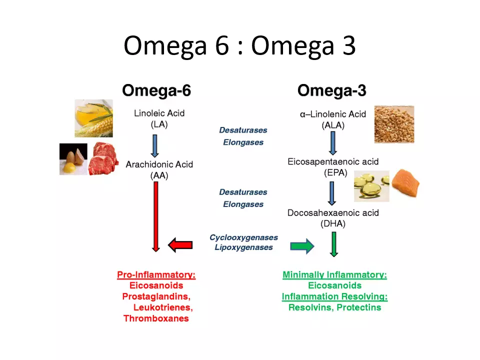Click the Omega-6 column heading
(156, 90)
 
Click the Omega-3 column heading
(332, 90)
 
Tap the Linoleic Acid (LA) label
(159, 119)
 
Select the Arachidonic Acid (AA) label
(159, 169)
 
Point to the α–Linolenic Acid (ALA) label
(333, 120)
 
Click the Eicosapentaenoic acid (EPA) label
(333, 167)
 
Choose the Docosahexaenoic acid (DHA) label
(333, 218)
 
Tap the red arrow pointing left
(180, 244)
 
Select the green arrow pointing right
(302, 245)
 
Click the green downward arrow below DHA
(333, 244)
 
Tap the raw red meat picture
(103, 159)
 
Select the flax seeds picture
(394, 124)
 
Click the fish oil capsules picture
(371, 187)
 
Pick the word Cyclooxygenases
(243, 237)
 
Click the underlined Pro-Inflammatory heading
(156, 274)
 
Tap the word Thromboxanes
(156, 318)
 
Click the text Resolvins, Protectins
(334, 307)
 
